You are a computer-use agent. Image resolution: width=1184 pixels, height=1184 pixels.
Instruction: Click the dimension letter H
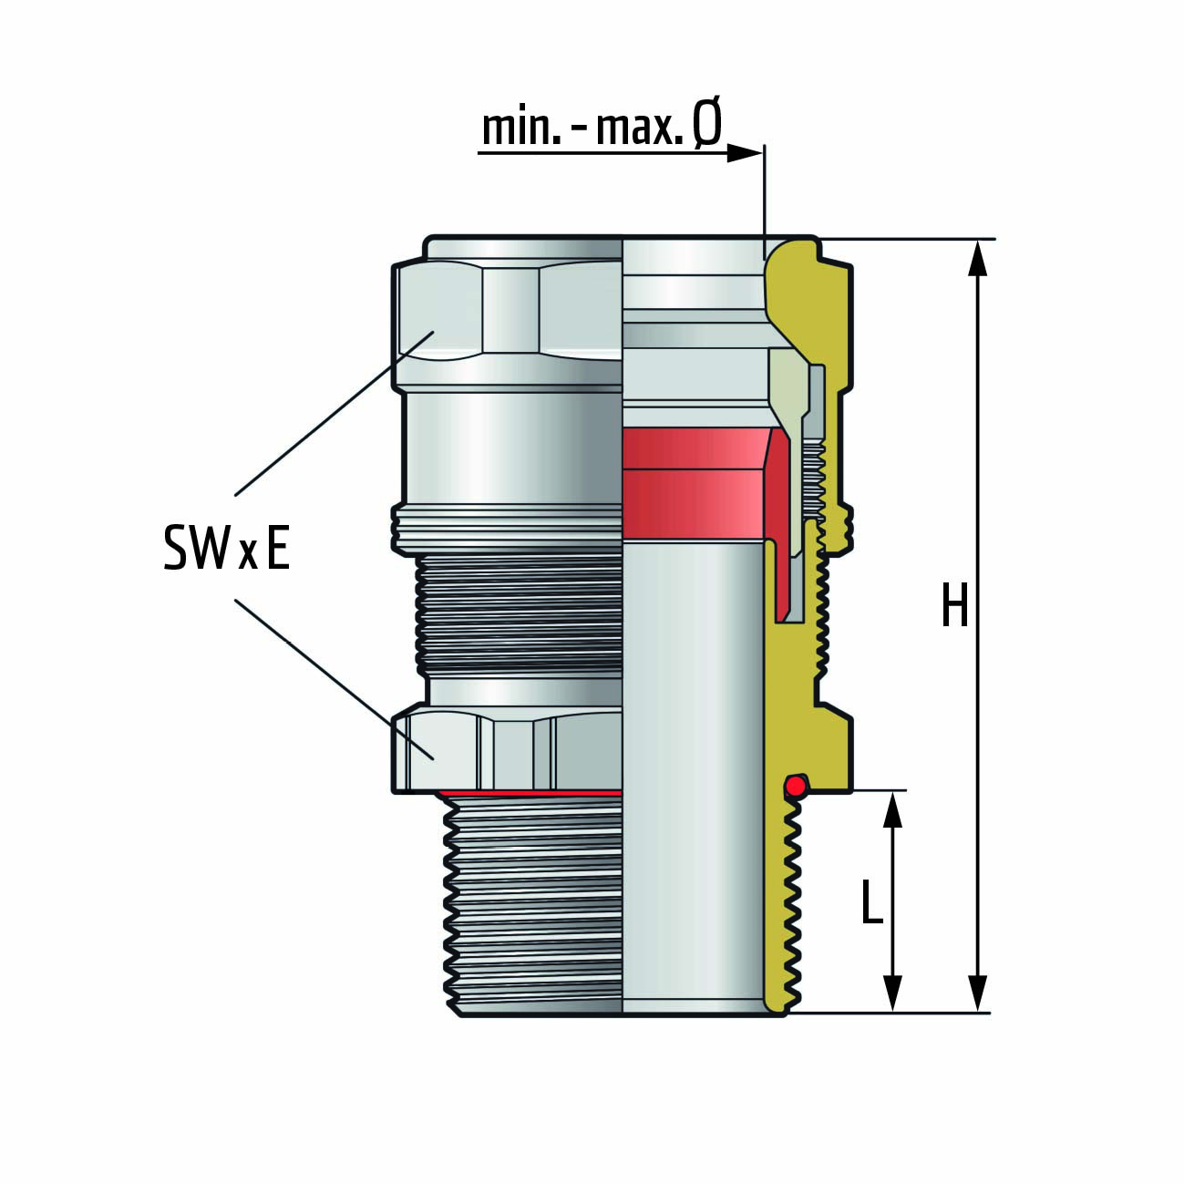954,605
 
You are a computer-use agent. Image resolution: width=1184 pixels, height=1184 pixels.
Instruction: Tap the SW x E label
227,548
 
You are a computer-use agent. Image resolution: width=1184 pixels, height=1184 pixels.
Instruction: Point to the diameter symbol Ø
706,127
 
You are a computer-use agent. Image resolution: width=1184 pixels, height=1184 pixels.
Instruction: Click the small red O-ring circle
797,786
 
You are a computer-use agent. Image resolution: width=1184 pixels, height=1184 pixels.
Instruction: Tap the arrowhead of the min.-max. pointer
744,153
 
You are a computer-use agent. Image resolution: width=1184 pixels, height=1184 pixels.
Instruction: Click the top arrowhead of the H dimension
978,258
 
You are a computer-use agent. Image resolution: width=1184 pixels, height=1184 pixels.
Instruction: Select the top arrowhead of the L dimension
892,809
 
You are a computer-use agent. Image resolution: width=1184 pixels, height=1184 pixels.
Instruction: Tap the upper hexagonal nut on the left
506,326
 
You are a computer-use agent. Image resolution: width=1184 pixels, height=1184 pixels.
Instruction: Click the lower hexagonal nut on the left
506,748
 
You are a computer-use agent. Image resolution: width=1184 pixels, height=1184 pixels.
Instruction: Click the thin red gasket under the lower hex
529,793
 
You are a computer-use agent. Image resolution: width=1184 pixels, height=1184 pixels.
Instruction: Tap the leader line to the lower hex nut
335,680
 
